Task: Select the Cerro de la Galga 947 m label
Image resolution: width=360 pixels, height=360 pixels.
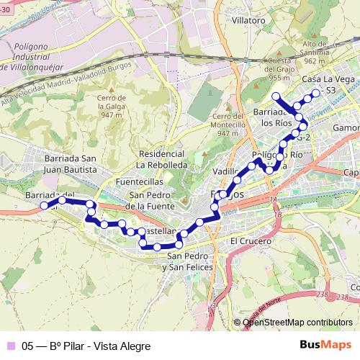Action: click(x=113, y=106)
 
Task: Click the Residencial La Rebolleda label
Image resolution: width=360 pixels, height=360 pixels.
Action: click(x=163, y=159)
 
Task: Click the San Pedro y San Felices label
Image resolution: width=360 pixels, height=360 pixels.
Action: click(x=189, y=261)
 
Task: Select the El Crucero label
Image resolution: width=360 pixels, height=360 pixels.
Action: click(x=248, y=240)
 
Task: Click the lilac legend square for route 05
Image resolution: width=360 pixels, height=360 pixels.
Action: click(x=10, y=344)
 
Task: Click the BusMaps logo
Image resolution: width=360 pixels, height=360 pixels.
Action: click(x=325, y=344)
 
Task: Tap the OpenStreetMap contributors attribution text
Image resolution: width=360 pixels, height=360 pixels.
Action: click(x=297, y=323)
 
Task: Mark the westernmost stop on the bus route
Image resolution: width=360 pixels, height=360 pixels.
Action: click(x=45, y=205)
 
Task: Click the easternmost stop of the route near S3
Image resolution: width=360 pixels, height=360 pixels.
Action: click(x=315, y=93)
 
